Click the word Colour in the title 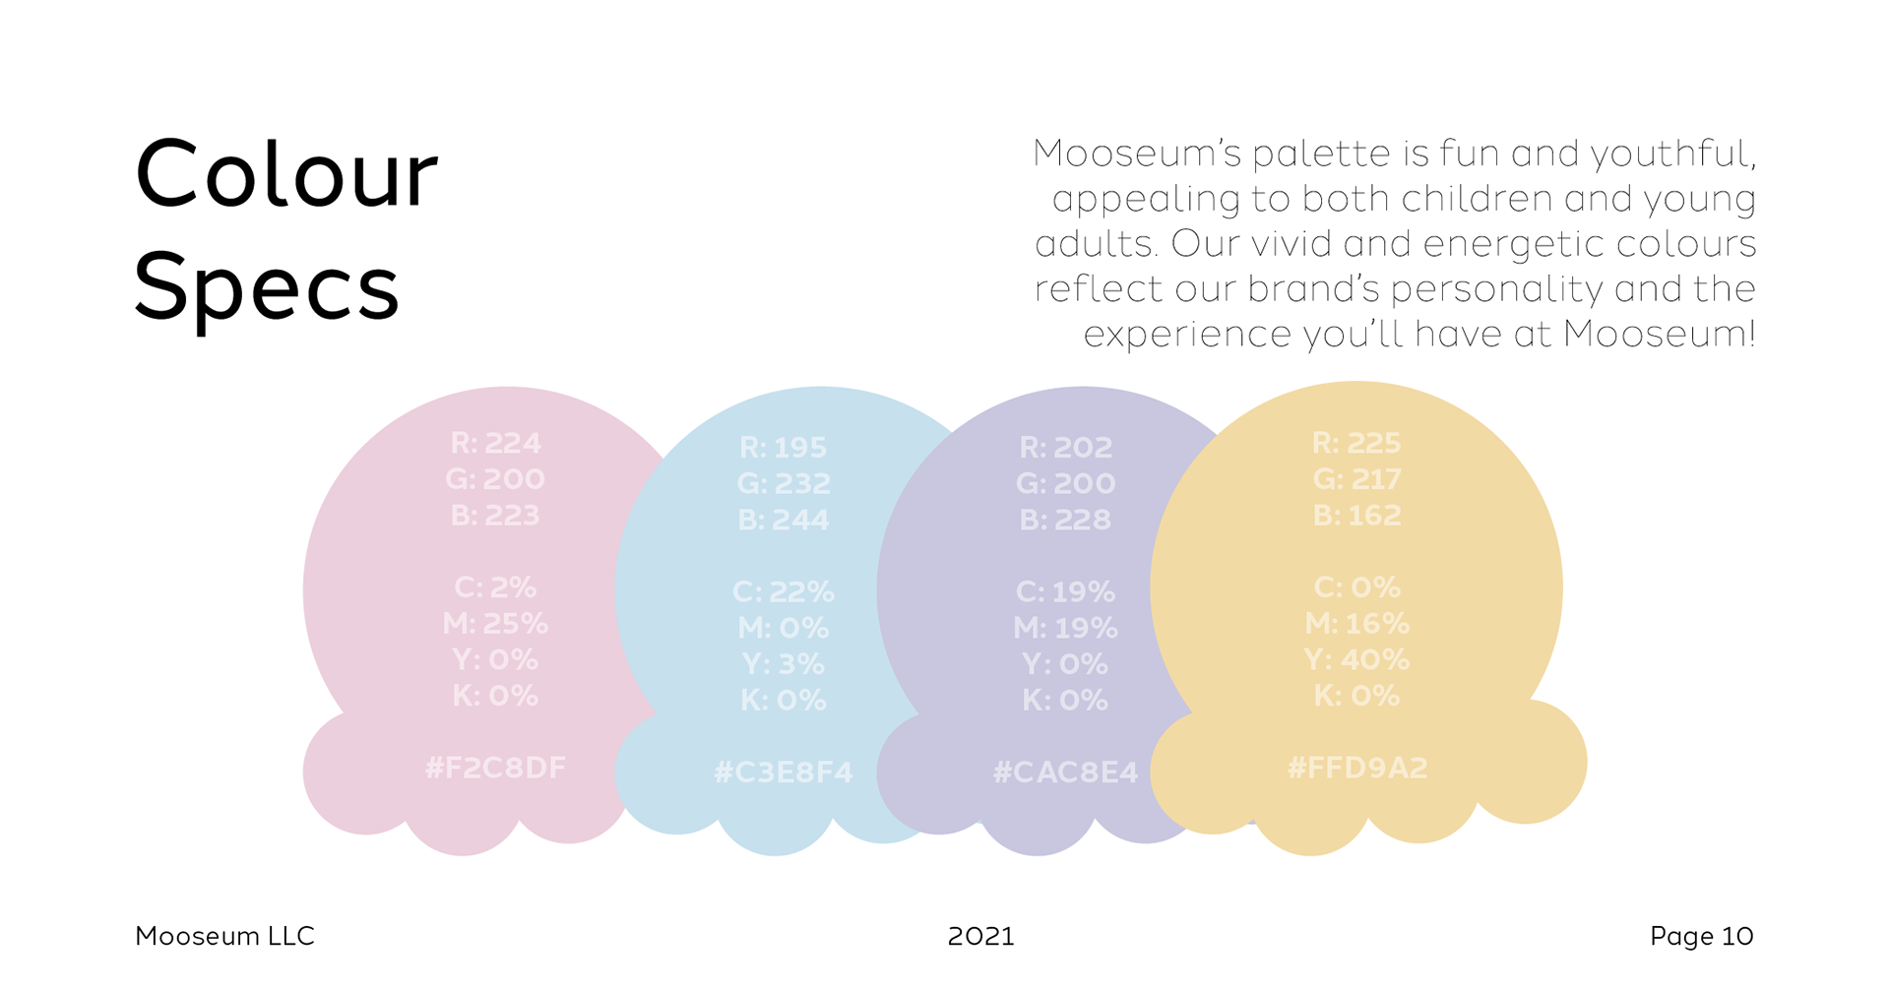pos(285,174)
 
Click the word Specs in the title pos(266,287)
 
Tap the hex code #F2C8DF pos(495,768)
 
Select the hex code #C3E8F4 pos(784,773)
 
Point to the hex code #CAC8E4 pos(1065,773)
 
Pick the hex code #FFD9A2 pos(1357,768)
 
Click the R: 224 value pos(495,443)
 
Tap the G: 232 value pos(784,483)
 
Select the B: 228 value pos(1065,520)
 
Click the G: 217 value pos(1356,479)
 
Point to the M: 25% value pos(495,624)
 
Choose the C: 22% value pos(784,591)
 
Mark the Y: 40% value pos(1356,659)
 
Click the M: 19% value pos(1065,628)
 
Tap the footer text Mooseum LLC pos(224,936)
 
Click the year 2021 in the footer pos(980,936)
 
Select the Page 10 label pos(1701,936)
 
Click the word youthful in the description pos(1673,155)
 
